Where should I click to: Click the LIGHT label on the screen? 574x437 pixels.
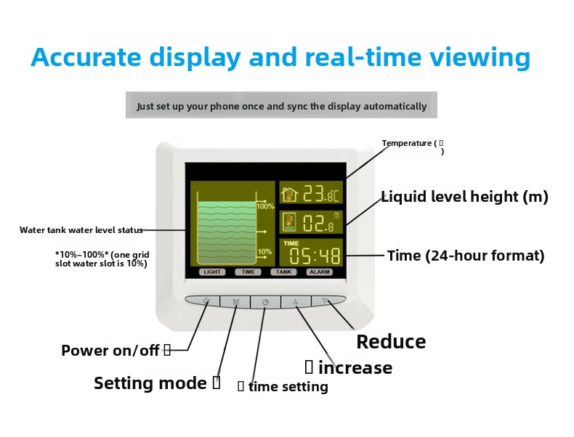tap(212, 272)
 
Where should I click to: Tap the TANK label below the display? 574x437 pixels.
tap(283, 272)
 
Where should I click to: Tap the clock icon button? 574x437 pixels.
tap(265, 302)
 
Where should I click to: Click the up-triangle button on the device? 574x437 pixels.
tap(295, 301)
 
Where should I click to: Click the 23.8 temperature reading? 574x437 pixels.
tap(320, 194)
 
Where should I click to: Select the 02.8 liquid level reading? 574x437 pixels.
tap(317, 223)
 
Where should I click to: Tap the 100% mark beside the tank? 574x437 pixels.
tap(265, 207)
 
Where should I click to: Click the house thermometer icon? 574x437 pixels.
tap(290, 194)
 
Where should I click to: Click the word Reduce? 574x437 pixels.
tap(391, 342)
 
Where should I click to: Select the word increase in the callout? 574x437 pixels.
tap(355, 368)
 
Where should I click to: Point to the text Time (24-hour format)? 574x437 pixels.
tap(466, 256)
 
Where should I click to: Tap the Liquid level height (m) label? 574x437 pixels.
tap(464, 197)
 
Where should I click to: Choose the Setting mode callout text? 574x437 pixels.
tap(150, 383)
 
